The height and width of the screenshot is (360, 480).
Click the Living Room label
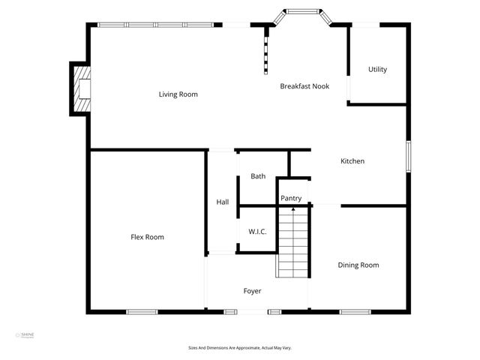coord(178,94)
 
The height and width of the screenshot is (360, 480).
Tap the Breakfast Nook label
coord(304,86)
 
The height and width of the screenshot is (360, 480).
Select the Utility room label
coord(377,70)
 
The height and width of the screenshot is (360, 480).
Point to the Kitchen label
coord(352,161)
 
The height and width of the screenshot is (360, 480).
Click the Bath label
coord(258,177)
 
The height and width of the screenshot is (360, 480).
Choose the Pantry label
coord(291,199)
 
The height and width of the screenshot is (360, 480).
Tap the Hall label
coord(223,202)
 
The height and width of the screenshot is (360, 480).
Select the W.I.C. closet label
coord(257,232)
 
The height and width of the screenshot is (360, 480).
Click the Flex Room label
coord(147,237)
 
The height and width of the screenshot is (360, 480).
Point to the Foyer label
coord(252,291)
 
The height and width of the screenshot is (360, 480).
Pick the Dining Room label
coord(358,265)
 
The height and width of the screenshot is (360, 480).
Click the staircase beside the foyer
coord(292,241)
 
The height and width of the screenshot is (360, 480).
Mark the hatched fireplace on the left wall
coord(80,88)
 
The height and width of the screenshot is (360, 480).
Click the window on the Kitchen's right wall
coord(408,157)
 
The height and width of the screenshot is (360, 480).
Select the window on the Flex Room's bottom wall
coord(141,311)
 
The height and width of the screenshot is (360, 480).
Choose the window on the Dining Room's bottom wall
coord(355,311)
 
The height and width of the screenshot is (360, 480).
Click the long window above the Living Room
coord(155,25)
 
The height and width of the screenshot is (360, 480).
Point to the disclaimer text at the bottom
coord(239,348)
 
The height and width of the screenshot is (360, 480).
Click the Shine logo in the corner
coord(25,335)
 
